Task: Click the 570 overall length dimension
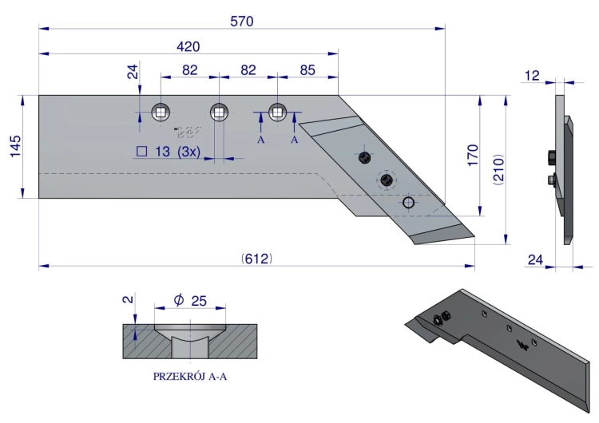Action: (242, 22)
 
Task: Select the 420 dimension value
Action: (188, 46)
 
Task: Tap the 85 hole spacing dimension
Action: (307, 70)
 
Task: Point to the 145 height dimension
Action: (15, 146)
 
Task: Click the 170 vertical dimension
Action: (473, 155)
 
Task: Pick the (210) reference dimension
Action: (499, 169)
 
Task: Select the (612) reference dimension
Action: (257, 259)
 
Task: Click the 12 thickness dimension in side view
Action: (532, 76)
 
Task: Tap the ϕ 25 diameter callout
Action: (190, 300)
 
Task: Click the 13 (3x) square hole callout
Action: (169, 152)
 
